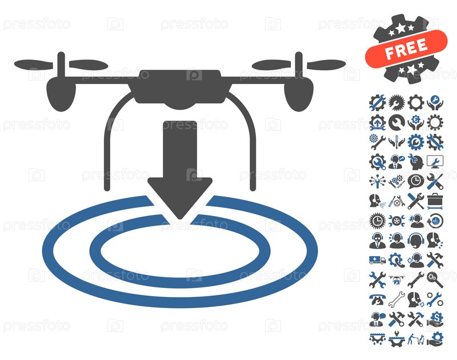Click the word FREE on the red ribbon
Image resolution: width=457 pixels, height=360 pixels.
[406, 49]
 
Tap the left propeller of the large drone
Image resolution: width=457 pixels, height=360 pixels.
[61, 65]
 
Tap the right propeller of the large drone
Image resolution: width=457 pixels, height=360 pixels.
[299, 65]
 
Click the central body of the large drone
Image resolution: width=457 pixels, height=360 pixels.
[180, 87]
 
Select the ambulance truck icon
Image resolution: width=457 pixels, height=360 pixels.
[378, 260]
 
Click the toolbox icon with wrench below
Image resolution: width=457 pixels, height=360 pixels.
[435, 201]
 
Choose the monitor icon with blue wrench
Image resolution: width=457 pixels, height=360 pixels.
[435, 162]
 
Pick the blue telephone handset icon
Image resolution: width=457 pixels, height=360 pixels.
[378, 299]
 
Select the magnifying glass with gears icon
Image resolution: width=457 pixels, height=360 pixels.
[435, 280]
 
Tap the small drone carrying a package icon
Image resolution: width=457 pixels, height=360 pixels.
[396, 280]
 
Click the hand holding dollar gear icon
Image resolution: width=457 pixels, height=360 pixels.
[435, 319]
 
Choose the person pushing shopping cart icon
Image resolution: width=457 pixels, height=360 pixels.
[416, 339]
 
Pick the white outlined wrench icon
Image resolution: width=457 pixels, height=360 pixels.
[396, 299]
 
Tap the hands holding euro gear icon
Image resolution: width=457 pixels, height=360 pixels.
[416, 122]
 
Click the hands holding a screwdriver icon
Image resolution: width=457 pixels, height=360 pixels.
[396, 142]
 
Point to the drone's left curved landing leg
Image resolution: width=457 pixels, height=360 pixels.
[109, 137]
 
